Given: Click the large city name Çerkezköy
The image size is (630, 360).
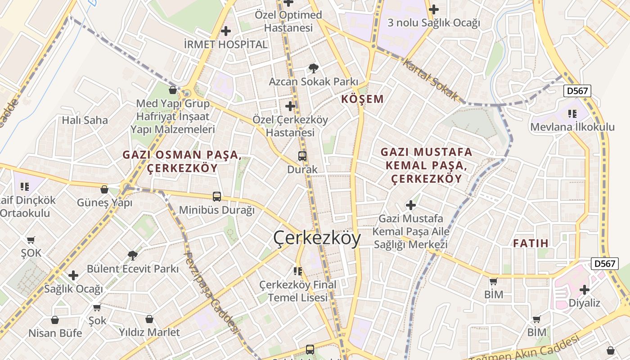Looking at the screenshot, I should (x=317, y=238).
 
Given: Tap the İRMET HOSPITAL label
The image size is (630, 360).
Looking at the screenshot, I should (x=225, y=45).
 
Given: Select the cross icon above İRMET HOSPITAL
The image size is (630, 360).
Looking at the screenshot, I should (x=226, y=31).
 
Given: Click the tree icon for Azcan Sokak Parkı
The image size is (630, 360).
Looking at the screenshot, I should (x=314, y=68).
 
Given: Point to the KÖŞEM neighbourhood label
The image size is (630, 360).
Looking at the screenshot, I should (x=362, y=99).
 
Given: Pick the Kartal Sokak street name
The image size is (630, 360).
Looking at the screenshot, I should (x=430, y=81).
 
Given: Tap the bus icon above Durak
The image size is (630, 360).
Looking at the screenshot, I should (x=302, y=156).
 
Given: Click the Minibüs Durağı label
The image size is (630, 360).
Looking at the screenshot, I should (x=217, y=210).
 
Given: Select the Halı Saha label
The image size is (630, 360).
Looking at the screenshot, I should (x=85, y=120).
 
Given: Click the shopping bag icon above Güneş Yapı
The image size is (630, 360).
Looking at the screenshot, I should (x=104, y=189).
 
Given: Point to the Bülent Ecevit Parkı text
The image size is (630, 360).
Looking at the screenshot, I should (x=133, y=269).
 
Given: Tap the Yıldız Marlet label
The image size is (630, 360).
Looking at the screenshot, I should (x=149, y=332).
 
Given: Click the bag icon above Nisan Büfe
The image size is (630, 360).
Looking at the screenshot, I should (x=55, y=320).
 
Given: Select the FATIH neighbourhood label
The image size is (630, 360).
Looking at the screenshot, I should (x=531, y=243).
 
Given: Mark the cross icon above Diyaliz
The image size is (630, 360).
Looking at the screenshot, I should (x=585, y=289).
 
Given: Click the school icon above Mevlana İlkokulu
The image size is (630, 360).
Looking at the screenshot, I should (x=572, y=113).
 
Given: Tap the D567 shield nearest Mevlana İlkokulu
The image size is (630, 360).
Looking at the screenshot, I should (x=577, y=91).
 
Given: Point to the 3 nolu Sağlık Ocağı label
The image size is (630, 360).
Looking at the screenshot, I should (x=434, y=22).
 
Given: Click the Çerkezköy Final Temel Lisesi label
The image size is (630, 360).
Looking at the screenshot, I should (x=298, y=291).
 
